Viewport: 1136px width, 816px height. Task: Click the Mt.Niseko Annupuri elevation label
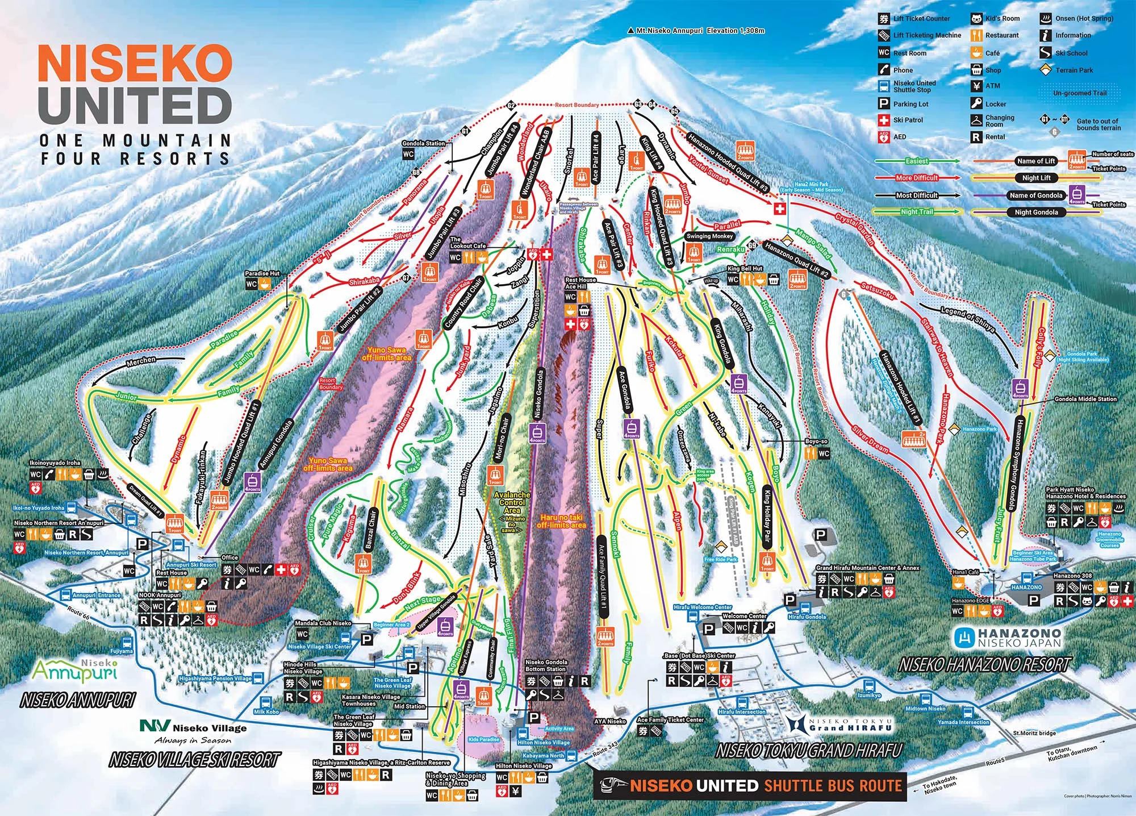[x=700, y=31]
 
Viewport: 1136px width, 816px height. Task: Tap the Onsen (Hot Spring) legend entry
[x=1083, y=18]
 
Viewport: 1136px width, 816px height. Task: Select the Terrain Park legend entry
[x=1074, y=70]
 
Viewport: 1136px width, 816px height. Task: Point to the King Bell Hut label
[x=745, y=269]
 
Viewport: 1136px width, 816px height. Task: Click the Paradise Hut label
[x=262, y=274]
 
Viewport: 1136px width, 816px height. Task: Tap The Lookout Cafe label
[x=467, y=243]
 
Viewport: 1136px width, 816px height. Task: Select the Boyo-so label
[x=816, y=442]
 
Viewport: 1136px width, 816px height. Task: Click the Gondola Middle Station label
[x=1085, y=399]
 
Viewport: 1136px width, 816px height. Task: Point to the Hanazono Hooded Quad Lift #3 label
[x=728, y=163]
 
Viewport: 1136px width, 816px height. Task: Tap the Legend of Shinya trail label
[x=967, y=319]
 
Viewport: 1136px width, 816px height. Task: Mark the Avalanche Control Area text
[x=512, y=502]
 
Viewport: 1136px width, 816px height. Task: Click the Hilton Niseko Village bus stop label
[x=543, y=743]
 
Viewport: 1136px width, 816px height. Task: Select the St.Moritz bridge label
[x=1034, y=733]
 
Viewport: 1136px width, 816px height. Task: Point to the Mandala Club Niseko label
[x=323, y=623]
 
